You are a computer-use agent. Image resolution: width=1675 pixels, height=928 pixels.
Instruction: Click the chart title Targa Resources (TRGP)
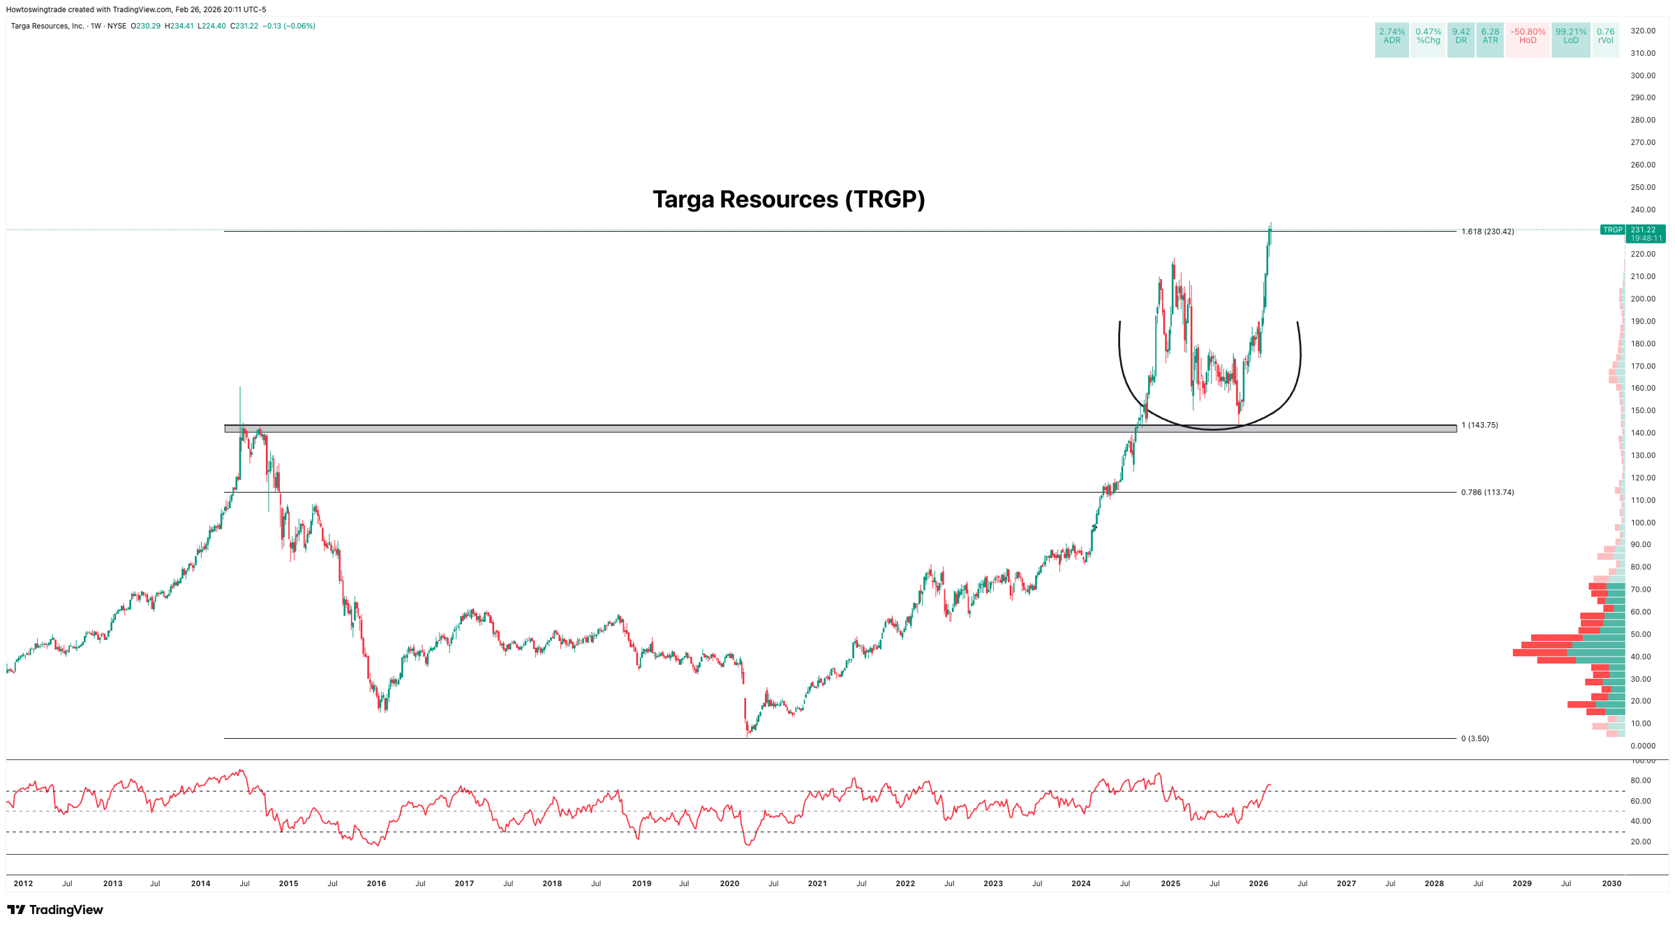pyautogui.click(x=789, y=200)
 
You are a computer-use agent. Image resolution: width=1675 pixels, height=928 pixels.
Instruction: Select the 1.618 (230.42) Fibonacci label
pyautogui.click(x=1487, y=232)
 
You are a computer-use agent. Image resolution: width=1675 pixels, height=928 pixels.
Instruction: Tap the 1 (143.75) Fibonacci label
pyautogui.click(x=1480, y=425)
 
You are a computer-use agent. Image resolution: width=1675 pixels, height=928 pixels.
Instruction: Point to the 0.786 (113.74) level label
pyautogui.click(x=1487, y=493)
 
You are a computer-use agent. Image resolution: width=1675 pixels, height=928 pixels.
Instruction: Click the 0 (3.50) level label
pyautogui.click(x=1475, y=738)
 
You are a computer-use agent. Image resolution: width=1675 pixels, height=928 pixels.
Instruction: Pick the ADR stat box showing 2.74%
pyautogui.click(x=1392, y=36)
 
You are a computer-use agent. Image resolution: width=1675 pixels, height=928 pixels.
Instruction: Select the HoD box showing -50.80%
pyautogui.click(x=1527, y=36)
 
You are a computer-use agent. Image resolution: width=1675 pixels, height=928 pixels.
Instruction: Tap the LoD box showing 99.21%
pyautogui.click(x=1570, y=36)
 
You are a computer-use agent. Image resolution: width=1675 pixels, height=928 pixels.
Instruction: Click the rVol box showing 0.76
pyautogui.click(x=1605, y=36)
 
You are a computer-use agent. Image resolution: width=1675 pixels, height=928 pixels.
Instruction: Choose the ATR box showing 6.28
pyautogui.click(x=1490, y=36)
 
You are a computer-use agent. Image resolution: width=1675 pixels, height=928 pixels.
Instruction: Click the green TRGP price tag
pyautogui.click(x=1612, y=230)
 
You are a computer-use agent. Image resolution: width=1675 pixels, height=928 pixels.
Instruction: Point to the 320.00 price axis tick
pyautogui.click(x=1643, y=31)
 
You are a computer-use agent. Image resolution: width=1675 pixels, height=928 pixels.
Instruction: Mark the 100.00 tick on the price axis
pyautogui.click(x=1643, y=523)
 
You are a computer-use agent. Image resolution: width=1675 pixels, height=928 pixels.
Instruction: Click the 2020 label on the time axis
pyautogui.click(x=729, y=883)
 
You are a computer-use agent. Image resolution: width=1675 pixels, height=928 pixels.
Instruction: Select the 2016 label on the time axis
pyautogui.click(x=376, y=883)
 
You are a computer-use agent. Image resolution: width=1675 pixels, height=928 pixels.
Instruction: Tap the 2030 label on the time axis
pyautogui.click(x=1611, y=883)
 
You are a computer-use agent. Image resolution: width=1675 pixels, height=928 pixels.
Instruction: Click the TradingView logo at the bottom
pyautogui.click(x=55, y=910)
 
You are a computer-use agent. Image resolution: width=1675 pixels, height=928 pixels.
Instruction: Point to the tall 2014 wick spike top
pyautogui.click(x=240, y=387)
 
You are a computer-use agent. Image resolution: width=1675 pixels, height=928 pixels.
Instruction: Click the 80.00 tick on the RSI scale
pyautogui.click(x=1641, y=780)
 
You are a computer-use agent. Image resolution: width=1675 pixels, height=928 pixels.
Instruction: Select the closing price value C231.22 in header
pyautogui.click(x=244, y=26)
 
